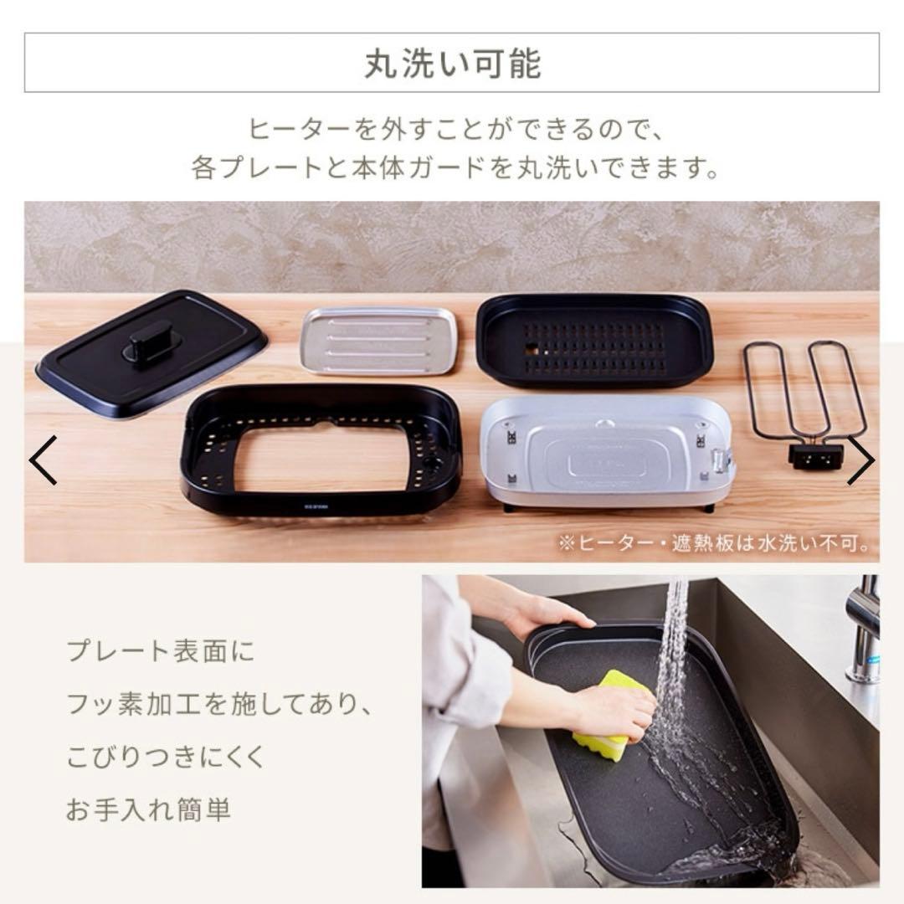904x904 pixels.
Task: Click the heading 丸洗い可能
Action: [452, 64]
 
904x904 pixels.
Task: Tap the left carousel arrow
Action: [43, 460]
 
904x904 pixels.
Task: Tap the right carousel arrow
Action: [860, 460]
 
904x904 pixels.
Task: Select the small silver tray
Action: [379, 340]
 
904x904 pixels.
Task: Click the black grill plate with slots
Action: [594, 339]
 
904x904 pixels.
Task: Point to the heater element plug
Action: [815, 455]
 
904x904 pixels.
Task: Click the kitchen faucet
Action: [862, 628]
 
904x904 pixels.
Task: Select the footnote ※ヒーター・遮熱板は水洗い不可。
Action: [714, 544]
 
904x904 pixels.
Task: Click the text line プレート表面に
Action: [160, 652]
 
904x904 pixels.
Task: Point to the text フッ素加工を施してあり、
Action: [219, 705]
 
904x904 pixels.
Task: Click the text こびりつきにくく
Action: [166, 757]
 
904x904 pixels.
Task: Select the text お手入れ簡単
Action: [148, 809]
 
